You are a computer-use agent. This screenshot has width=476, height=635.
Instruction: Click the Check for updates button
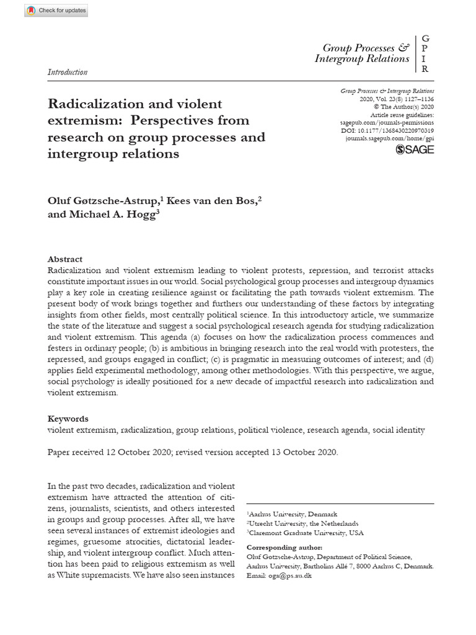(x=56, y=11)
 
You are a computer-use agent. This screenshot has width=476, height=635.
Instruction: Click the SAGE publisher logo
(x=415, y=149)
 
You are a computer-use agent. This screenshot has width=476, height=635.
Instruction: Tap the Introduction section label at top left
(x=68, y=72)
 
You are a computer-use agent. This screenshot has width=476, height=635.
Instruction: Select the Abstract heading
(x=65, y=259)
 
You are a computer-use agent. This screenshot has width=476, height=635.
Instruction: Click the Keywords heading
(x=68, y=419)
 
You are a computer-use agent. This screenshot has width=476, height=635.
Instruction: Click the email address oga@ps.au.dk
(x=289, y=576)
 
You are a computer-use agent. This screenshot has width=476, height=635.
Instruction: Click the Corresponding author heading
(x=284, y=548)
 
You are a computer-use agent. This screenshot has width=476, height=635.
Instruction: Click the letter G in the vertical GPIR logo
(x=425, y=38)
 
